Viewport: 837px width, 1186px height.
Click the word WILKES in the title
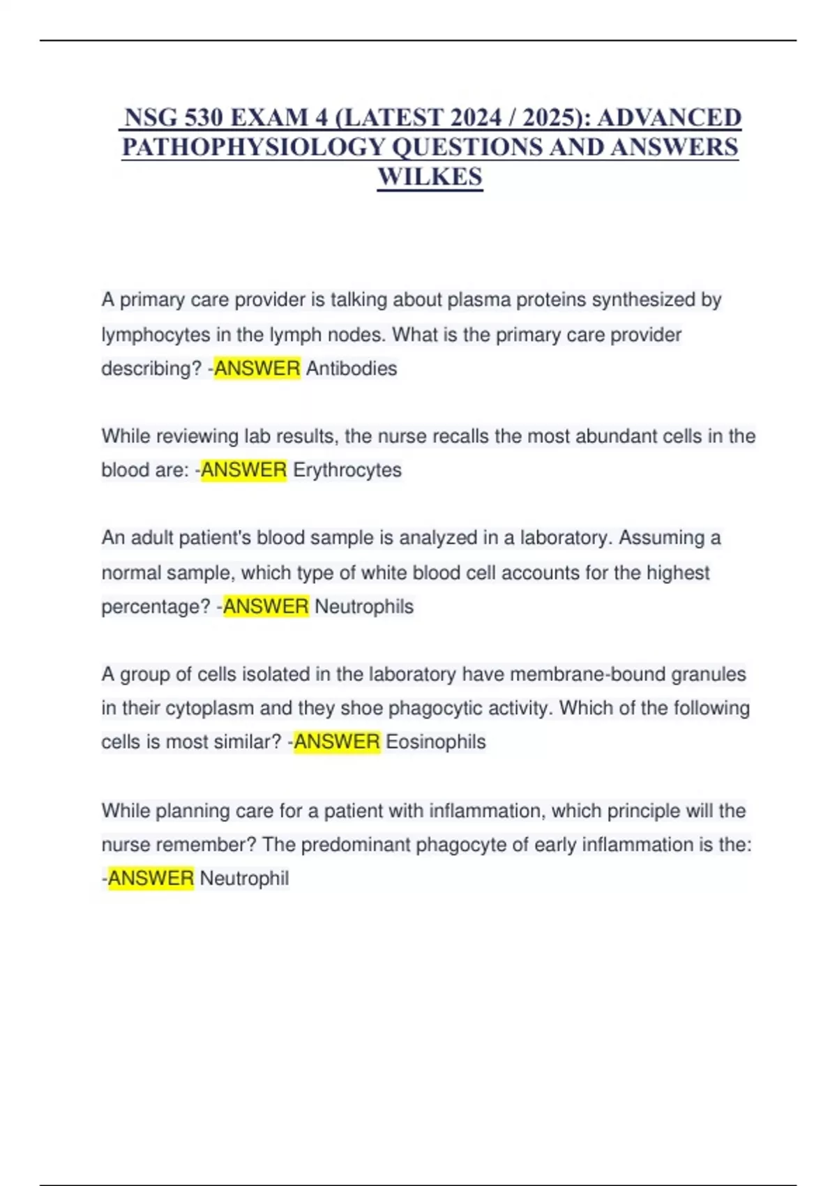430,177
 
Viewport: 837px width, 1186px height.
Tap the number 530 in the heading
203,117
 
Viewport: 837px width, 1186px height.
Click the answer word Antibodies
352,368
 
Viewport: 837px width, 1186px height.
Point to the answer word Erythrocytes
347,470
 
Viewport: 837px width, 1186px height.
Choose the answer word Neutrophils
364,606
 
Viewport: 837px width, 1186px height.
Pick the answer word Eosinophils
436,742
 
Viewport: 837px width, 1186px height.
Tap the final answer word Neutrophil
244,878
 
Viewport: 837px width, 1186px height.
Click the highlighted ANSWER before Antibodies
257,368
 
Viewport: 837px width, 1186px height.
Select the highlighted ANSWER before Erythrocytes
243,470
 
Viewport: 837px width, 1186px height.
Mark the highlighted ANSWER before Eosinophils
337,742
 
